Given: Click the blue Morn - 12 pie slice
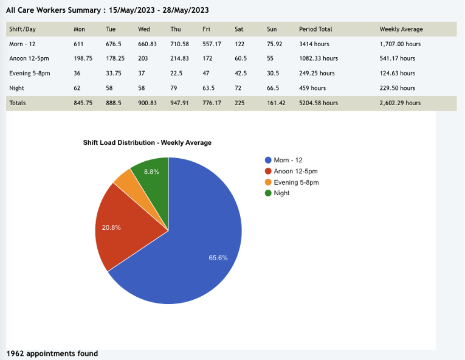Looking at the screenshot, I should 201,243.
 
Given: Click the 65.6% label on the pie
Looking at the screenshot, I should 218,258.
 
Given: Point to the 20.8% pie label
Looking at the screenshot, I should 111,227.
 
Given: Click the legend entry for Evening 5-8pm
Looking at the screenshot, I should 296,182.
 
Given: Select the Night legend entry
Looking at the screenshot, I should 281,193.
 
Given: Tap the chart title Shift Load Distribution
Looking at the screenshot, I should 147,143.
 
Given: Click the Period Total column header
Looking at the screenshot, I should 315,29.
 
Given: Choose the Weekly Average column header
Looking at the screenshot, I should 401,29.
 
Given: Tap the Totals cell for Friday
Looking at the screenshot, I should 212,103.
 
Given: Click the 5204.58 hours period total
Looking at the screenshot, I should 318,103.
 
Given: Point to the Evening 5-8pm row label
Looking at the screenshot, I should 29,74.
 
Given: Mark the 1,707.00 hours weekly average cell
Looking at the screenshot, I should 400,44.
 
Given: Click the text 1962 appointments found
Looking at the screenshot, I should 52,353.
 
